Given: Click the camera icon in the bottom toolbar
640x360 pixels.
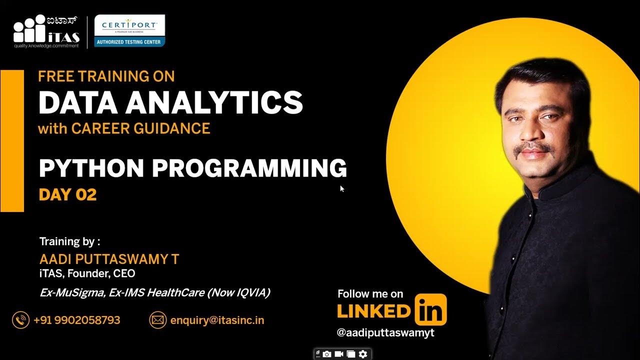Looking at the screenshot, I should [x=327, y=354].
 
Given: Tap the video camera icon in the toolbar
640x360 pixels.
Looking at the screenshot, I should [x=339, y=354].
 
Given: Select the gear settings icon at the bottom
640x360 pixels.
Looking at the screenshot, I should [x=363, y=354].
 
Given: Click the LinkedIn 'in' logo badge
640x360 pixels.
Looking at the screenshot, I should [x=430, y=310].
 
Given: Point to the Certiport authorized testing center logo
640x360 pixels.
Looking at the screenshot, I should [x=130, y=31].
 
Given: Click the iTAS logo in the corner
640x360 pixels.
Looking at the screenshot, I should [x=46, y=31].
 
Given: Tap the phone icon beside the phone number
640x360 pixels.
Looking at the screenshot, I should [x=21, y=320].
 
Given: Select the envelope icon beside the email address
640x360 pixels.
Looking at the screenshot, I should [x=158, y=320].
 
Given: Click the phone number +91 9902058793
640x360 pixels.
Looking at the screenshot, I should [x=77, y=320].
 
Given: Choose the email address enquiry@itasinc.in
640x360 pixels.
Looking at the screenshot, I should [x=217, y=320].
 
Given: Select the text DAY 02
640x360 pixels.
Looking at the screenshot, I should [x=67, y=194].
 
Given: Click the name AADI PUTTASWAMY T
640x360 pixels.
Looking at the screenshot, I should [x=109, y=259].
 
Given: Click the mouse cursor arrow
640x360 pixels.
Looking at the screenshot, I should [x=342, y=188].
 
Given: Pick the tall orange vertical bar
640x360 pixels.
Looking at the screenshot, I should [x=12, y=141].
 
